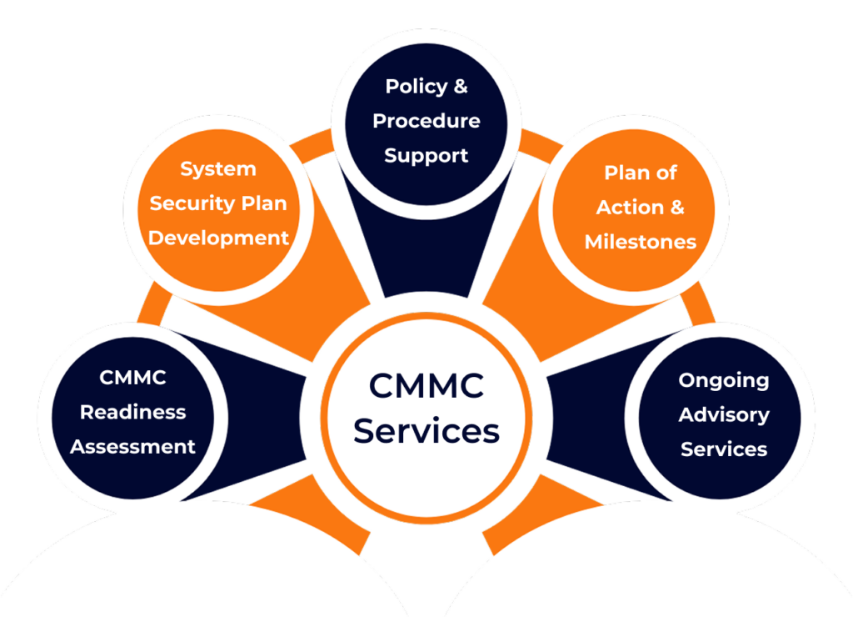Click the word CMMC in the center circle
click(x=426, y=387)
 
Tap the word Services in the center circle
click(x=426, y=431)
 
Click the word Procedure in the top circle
click(x=426, y=121)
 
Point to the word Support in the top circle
click(x=426, y=156)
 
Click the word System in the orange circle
click(x=218, y=169)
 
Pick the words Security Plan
click(x=218, y=203)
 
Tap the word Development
click(x=218, y=238)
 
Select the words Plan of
click(x=640, y=173)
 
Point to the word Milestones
click(x=640, y=242)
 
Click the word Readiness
click(x=133, y=412)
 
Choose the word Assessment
click(x=133, y=447)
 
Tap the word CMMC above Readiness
click(x=133, y=378)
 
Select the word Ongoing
click(x=723, y=380)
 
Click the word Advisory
click(x=723, y=414)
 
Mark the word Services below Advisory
click(x=723, y=449)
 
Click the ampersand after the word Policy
click(x=461, y=86)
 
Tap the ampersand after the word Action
click(x=676, y=207)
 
